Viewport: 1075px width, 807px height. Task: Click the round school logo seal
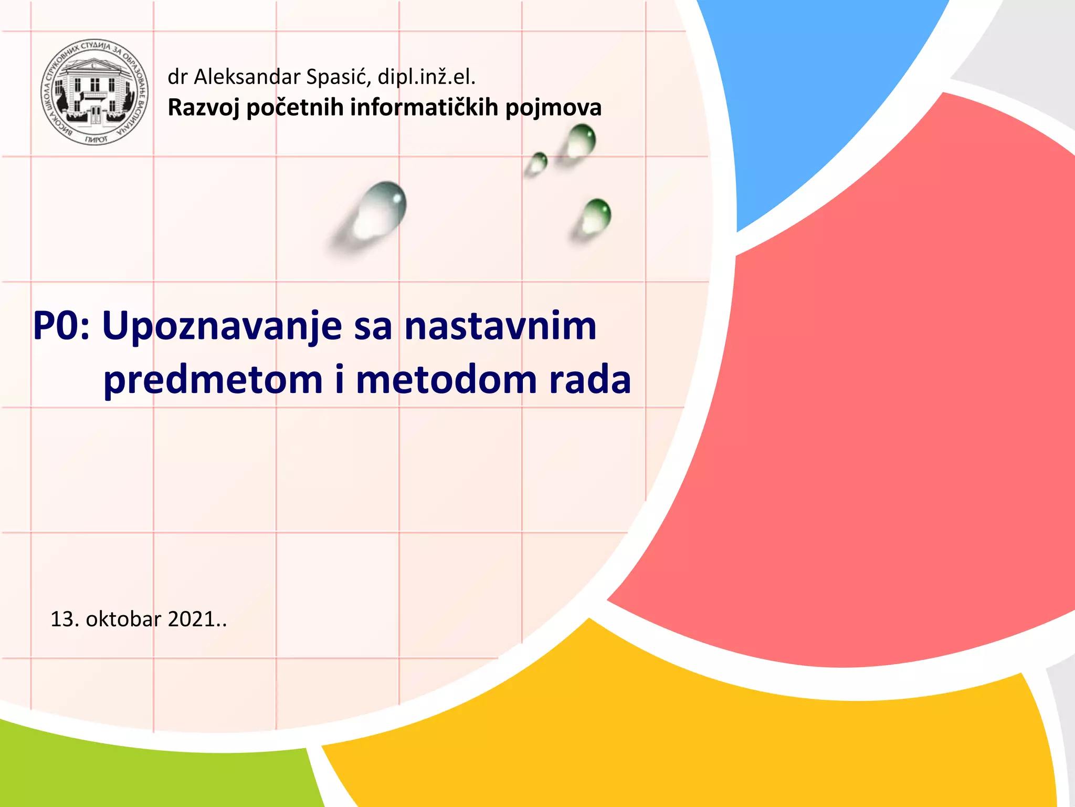(x=94, y=92)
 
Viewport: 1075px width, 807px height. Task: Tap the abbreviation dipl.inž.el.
(x=426, y=77)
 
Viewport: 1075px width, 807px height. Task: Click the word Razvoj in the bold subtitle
(x=203, y=108)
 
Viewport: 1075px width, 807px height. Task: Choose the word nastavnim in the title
(x=500, y=326)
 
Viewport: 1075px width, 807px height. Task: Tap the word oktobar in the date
(x=123, y=619)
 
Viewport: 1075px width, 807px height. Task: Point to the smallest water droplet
(x=537, y=162)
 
